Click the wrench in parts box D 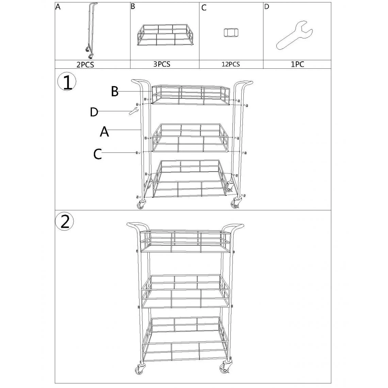(294, 35)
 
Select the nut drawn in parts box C (231, 33)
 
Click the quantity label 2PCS (85, 65)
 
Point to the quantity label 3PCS (162, 64)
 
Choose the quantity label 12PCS (231, 64)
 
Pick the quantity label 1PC (297, 64)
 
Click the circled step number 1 (67, 82)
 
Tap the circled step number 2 (64, 222)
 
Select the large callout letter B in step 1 (115, 91)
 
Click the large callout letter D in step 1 (94, 112)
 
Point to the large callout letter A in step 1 (104, 131)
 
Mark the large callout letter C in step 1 (97, 153)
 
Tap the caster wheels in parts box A (89, 52)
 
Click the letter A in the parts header (58, 7)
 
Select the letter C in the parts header (204, 8)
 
